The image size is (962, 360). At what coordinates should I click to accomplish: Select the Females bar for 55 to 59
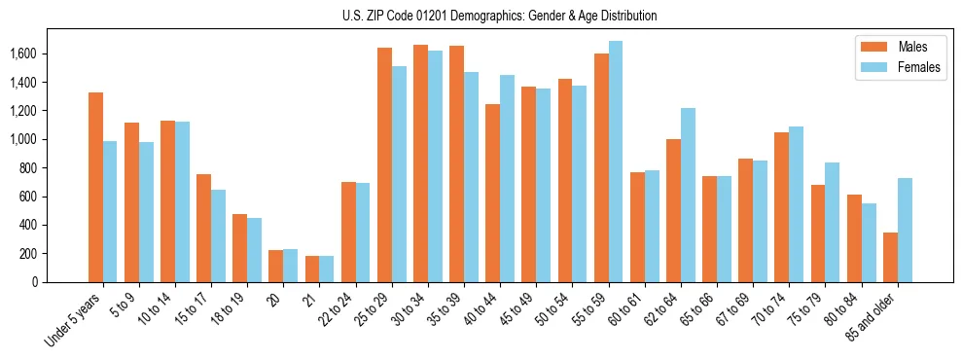tap(616, 162)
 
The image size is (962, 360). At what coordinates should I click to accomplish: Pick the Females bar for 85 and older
tap(905, 230)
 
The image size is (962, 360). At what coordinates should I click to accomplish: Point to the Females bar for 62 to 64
tap(688, 195)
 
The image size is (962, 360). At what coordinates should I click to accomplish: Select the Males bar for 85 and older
tap(890, 257)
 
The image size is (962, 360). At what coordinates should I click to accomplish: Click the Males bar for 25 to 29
tap(384, 164)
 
